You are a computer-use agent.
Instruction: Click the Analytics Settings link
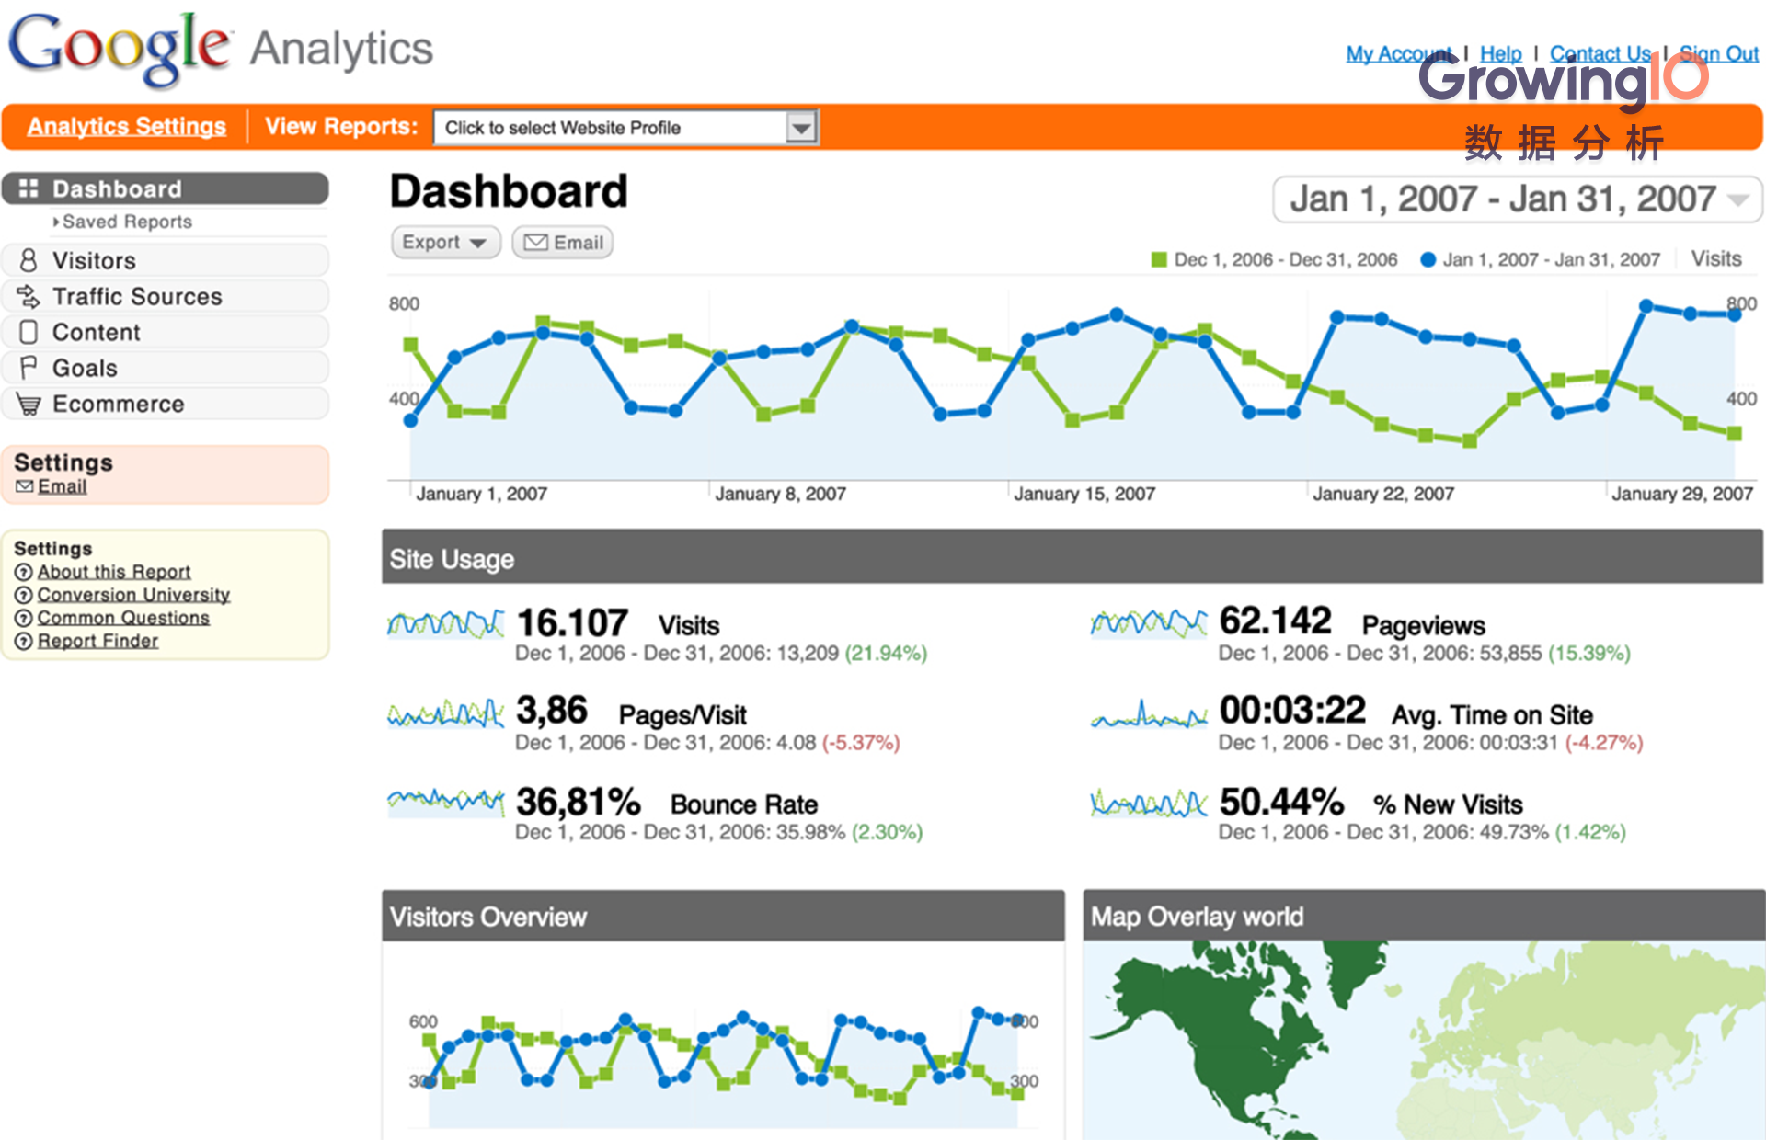127,126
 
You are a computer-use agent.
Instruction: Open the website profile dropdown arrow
802,128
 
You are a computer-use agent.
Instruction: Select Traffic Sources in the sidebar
137,296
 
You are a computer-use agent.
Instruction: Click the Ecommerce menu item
118,404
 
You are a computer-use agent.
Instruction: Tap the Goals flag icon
29,368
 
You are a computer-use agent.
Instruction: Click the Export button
445,243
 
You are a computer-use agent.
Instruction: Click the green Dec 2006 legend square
1159,260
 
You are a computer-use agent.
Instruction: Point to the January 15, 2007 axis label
1084,494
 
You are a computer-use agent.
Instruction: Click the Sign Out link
1718,53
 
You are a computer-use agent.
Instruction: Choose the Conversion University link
133,595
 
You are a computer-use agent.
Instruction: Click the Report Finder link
97,641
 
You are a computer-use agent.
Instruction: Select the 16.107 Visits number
572,623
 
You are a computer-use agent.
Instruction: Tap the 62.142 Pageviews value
1275,621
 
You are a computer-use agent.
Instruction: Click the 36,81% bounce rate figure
578,802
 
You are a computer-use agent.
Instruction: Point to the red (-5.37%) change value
861,743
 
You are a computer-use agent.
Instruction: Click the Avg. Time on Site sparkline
1148,715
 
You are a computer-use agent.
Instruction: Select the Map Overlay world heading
1197,917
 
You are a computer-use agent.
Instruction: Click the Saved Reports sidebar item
127,222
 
